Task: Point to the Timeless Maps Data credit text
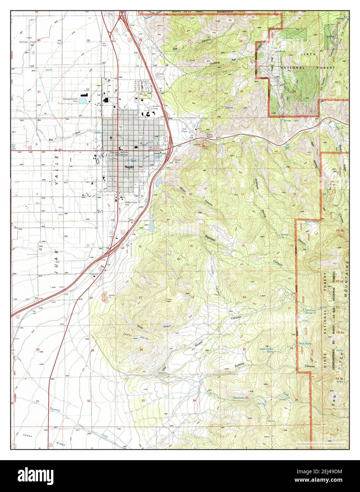[322, 444]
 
